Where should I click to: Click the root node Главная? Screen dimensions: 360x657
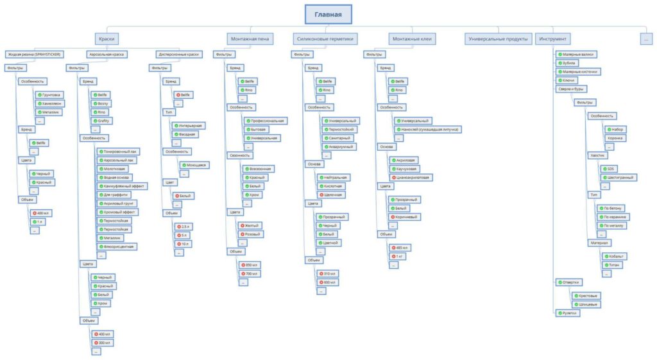[328, 15]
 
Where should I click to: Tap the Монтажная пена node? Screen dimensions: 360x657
[250, 39]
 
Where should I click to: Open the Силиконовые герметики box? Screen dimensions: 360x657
[325, 39]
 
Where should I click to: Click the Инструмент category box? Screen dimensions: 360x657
[552, 39]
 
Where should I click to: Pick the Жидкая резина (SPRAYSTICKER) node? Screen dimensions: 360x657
[33, 55]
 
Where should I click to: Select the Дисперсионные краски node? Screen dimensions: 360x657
[179, 55]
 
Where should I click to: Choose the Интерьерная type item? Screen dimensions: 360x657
[189, 125]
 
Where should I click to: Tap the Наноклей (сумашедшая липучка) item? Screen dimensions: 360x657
[427, 129]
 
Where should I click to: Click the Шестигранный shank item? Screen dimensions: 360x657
[618, 177]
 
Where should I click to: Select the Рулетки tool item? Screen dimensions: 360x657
[568, 313]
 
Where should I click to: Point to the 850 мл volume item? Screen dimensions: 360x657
[249, 264]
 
